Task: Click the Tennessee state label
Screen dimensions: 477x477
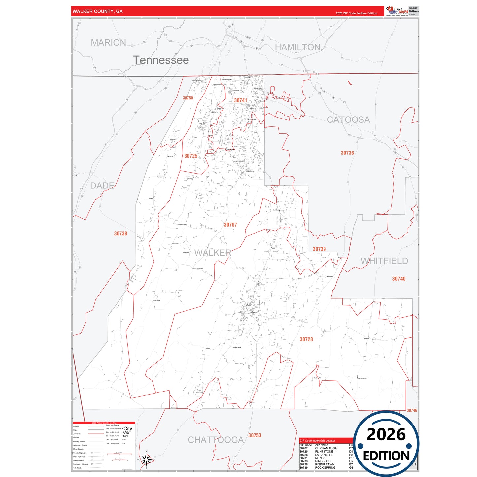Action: point(161,60)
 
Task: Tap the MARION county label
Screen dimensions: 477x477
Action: point(108,43)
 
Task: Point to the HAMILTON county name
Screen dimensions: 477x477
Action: point(297,47)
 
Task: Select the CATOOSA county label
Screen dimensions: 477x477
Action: point(348,119)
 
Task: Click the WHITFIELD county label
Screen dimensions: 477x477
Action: point(384,261)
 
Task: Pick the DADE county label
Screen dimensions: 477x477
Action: point(102,186)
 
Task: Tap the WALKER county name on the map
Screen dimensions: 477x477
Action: point(213,253)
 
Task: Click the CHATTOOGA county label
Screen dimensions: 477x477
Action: point(216,440)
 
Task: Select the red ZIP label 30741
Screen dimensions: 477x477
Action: point(240,100)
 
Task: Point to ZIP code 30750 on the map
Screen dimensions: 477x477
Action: point(188,98)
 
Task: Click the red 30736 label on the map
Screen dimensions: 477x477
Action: point(347,153)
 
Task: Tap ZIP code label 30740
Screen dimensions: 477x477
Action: point(399,279)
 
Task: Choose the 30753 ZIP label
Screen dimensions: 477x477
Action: point(255,435)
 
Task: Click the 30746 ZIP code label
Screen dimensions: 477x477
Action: point(412,410)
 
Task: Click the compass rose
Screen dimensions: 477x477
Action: point(146,459)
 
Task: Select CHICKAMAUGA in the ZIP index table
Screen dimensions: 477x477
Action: point(326,448)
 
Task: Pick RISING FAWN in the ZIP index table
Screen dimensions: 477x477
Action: point(324,464)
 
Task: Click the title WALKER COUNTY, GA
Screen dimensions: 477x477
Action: point(97,11)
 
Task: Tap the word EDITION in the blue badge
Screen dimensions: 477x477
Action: point(386,456)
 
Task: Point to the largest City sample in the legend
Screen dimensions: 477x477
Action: point(128,428)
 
